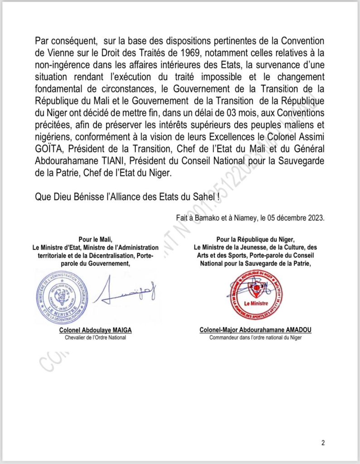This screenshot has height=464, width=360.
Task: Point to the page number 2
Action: pos(323,443)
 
